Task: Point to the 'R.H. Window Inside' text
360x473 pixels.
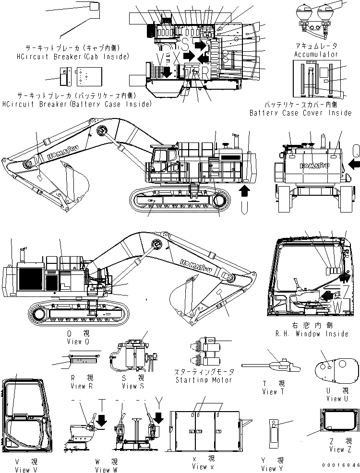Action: [x=316, y=333]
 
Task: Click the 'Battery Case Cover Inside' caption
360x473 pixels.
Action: [x=300, y=113]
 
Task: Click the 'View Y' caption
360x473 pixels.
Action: [x=269, y=469]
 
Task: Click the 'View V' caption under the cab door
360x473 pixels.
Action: [x=23, y=470]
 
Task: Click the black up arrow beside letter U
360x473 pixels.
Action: [x=244, y=192]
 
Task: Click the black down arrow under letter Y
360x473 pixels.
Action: [x=159, y=417]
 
